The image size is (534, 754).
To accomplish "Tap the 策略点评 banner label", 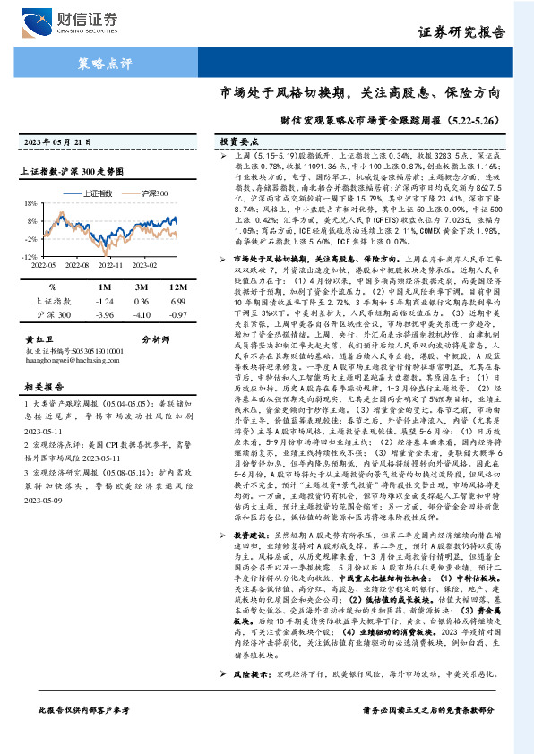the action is tap(101, 64).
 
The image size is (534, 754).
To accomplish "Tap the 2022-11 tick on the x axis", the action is tap(110, 265).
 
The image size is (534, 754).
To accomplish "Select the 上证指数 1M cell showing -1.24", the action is tap(104, 302).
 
